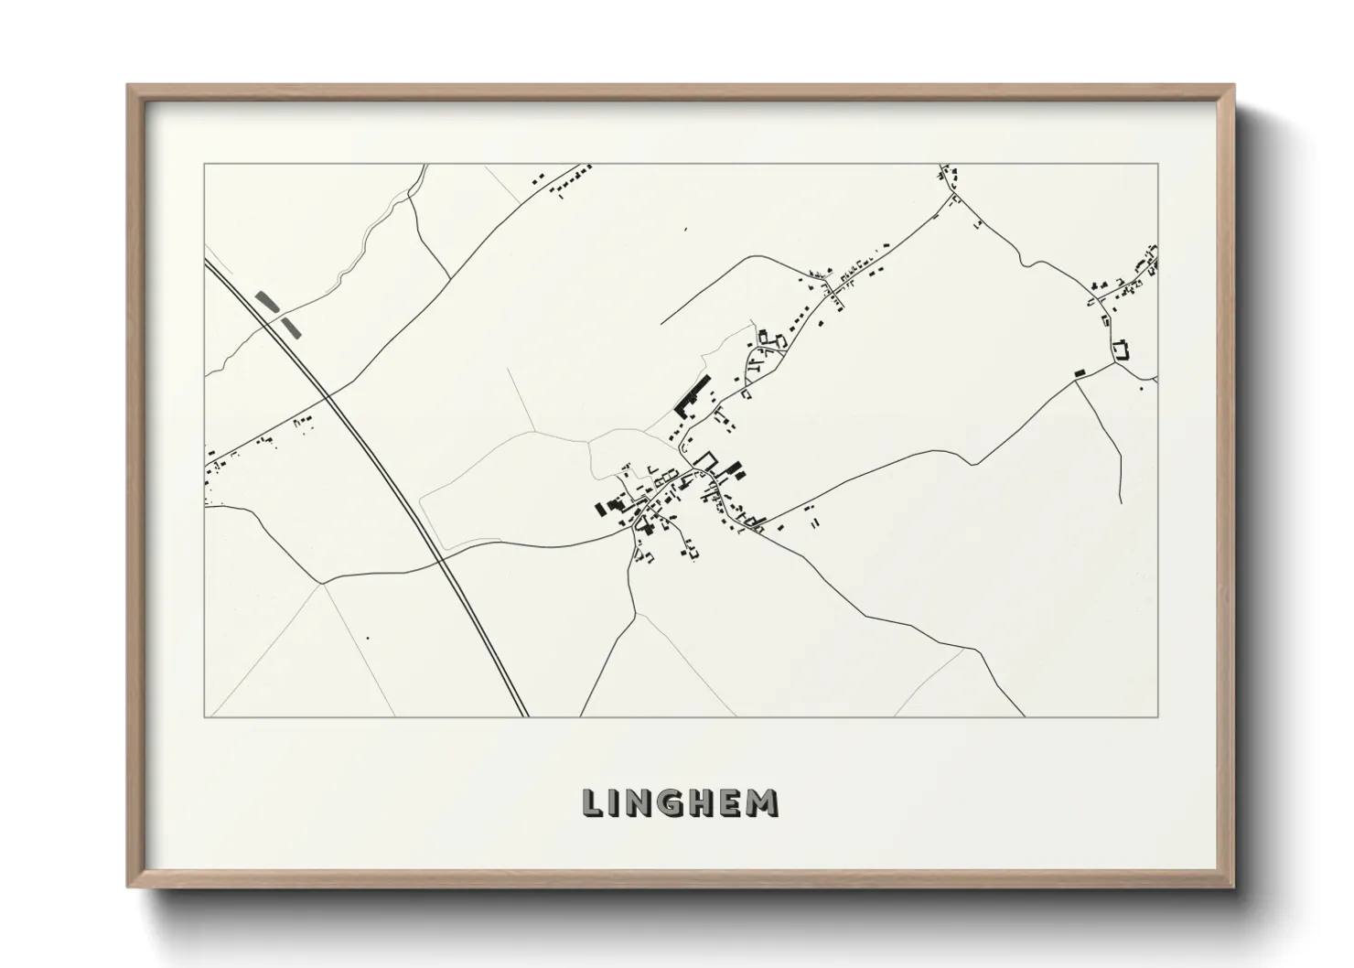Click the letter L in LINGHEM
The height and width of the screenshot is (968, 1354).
point(592,803)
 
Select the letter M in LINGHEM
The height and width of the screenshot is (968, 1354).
point(763,803)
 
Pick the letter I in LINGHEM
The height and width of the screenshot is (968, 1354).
point(613,803)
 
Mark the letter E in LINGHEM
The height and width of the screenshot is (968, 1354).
point(729,803)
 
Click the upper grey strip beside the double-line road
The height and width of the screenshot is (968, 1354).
point(267,300)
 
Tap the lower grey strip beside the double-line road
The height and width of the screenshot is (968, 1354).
point(289,325)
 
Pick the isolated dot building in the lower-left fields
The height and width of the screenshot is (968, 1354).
point(367,638)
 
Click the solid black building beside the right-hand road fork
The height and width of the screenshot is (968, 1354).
point(1079,372)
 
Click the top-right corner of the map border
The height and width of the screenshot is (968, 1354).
point(1158,164)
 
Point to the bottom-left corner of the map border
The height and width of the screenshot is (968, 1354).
point(204,716)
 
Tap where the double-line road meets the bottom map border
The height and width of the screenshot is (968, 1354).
point(526,716)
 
